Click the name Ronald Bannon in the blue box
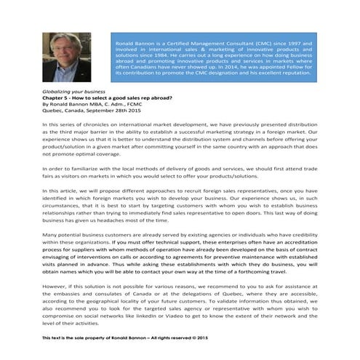[133, 44]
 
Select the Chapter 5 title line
[97, 100]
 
